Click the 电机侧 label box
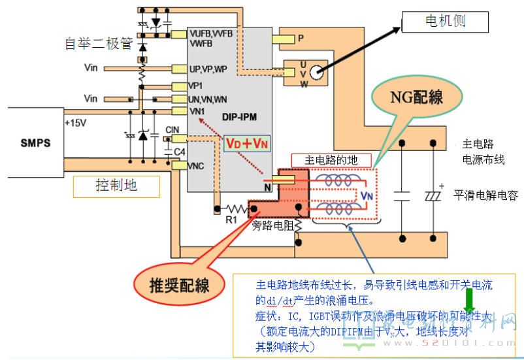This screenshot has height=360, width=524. [x=444, y=23]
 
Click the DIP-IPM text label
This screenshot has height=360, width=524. [x=240, y=118]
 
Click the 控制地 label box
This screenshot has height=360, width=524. [x=117, y=186]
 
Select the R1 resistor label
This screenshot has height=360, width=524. [x=231, y=220]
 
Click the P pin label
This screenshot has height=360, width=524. [x=301, y=39]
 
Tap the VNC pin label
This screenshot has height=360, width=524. [x=196, y=166]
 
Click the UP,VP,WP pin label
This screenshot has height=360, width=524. [x=208, y=69]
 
